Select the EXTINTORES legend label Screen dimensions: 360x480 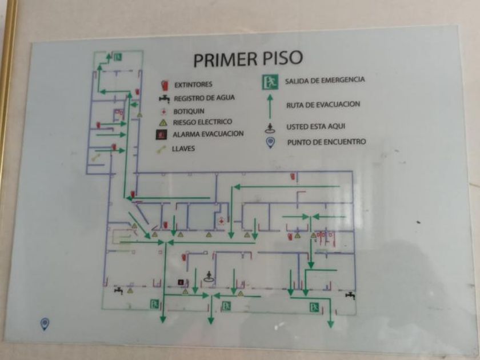(x=194, y=85)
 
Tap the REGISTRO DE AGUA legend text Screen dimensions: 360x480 (x=204, y=98)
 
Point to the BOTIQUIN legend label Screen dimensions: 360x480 (x=189, y=111)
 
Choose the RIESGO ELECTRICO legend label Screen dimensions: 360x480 (x=203, y=122)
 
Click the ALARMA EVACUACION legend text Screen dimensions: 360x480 (x=208, y=134)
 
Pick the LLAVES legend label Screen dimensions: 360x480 (x=183, y=149)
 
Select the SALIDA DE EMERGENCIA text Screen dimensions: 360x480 (x=325, y=81)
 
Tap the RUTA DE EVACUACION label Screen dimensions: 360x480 (x=323, y=105)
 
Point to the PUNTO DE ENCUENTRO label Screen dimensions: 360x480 (x=326, y=142)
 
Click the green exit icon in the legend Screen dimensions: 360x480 (x=270, y=82)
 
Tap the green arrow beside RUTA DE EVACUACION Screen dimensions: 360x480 (x=270, y=106)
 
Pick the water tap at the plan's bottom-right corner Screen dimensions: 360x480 (x=350, y=295)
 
